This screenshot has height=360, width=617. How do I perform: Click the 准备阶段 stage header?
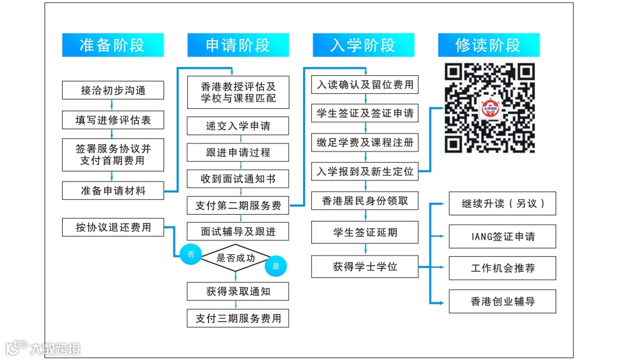click(x=113, y=45)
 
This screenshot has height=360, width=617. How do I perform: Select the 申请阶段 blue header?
click(x=238, y=45)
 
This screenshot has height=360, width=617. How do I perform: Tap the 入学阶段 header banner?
click(x=363, y=45)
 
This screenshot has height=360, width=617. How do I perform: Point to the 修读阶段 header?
click(x=489, y=45)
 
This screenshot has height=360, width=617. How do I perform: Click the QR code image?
click(x=490, y=108)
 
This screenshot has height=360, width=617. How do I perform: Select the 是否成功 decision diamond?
click(x=235, y=257)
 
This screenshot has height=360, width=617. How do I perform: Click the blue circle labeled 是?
click(x=276, y=265)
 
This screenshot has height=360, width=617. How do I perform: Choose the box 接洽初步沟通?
click(x=113, y=90)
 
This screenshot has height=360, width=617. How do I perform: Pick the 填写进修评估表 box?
click(x=113, y=119)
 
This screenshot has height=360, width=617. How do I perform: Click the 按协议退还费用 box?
click(x=113, y=227)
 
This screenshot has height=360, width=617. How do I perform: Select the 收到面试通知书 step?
click(x=238, y=179)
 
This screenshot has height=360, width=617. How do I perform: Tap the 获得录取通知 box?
click(x=238, y=291)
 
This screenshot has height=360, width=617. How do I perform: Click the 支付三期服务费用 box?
click(x=238, y=318)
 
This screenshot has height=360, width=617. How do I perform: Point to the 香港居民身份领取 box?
click(x=365, y=201)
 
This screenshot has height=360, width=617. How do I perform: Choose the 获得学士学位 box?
click(x=365, y=267)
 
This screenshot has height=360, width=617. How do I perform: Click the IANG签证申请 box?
click(x=502, y=237)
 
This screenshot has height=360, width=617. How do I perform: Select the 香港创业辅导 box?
click(x=502, y=301)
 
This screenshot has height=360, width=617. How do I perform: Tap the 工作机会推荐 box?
click(x=502, y=269)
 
